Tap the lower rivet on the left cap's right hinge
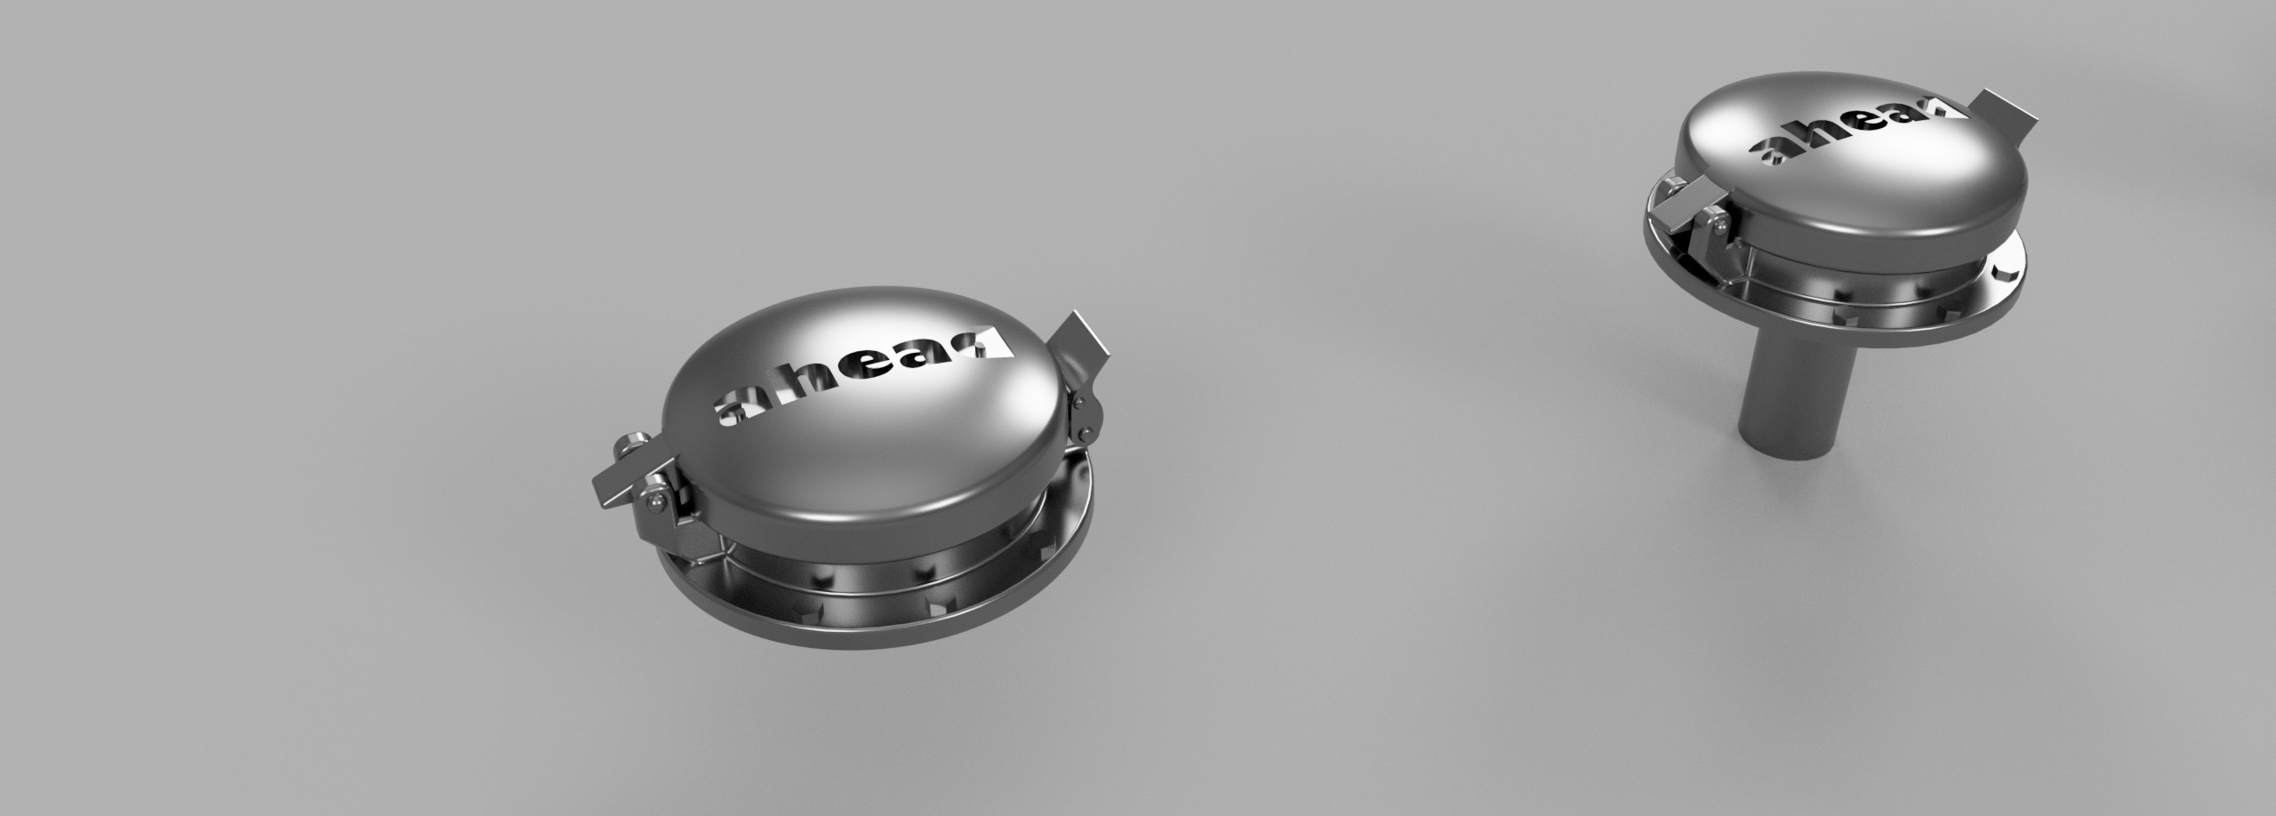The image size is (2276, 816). tap(1084, 434)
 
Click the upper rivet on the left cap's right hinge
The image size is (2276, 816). tap(1078, 404)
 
